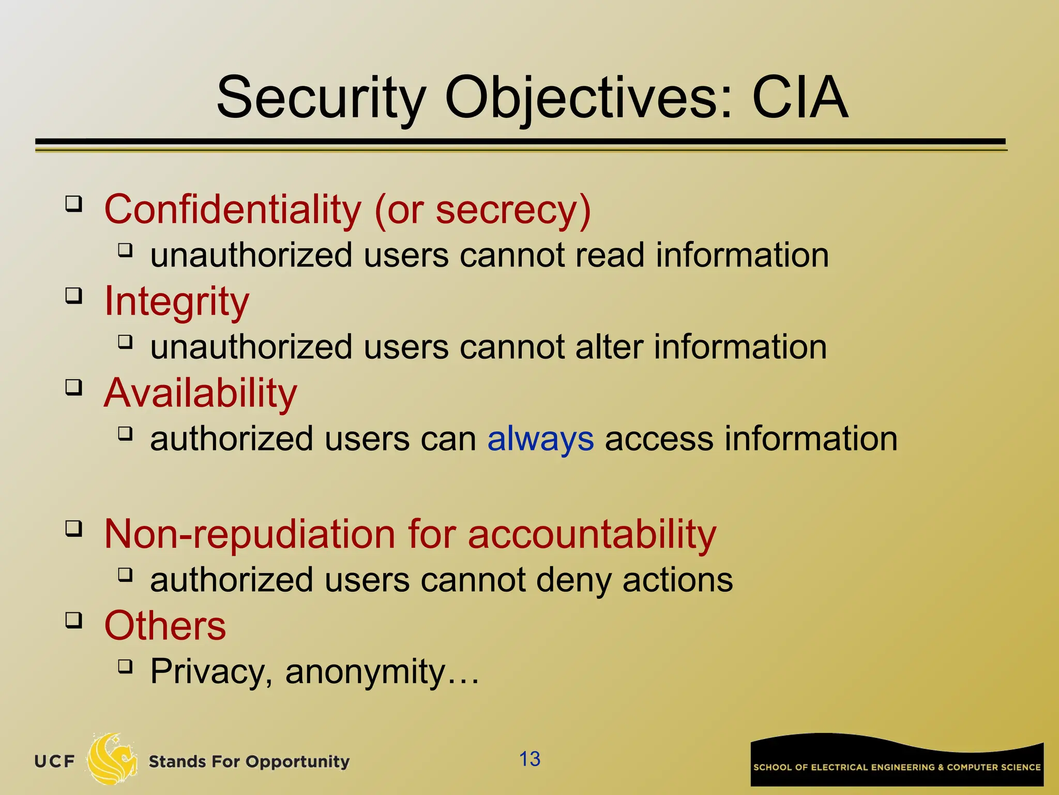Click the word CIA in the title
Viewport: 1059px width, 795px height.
pyautogui.click(x=799, y=97)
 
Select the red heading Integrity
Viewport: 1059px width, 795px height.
pyautogui.click(x=177, y=301)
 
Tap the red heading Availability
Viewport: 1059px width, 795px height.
pyautogui.click(x=201, y=393)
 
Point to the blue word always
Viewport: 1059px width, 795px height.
pyautogui.click(x=540, y=439)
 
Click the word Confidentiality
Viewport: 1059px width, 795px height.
pyautogui.click(x=233, y=210)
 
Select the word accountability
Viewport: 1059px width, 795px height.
pyautogui.click(x=592, y=534)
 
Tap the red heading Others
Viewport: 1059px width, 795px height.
pyautogui.click(x=165, y=626)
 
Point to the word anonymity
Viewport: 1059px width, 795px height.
pyautogui.click(x=365, y=672)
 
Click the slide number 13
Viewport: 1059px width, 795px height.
pyautogui.click(x=529, y=759)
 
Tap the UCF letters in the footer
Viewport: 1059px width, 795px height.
pyautogui.click(x=54, y=761)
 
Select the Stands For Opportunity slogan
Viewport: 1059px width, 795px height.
pyautogui.click(x=249, y=762)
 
